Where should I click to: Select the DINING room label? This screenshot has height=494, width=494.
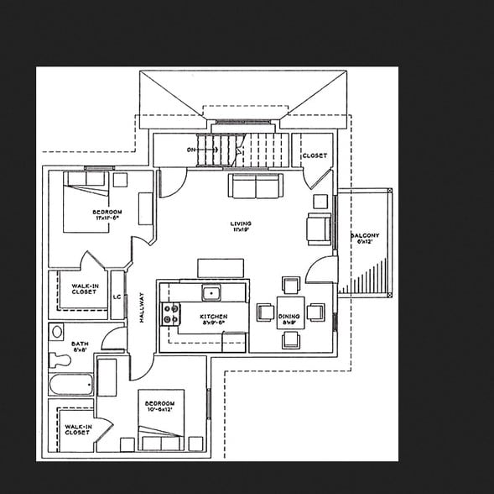click(x=289, y=318)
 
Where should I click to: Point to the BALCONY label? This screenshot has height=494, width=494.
click(x=365, y=238)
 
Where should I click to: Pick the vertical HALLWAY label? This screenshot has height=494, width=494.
click(x=142, y=309)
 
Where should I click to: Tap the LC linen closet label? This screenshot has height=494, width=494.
click(x=117, y=296)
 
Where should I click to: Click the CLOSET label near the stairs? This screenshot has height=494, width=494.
click(x=315, y=155)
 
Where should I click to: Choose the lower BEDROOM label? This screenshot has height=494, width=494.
click(x=159, y=407)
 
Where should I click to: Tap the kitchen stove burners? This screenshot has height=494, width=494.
click(x=171, y=313)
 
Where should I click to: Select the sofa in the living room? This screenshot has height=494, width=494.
click(x=255, y=187)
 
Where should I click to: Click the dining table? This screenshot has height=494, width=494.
click(x=290, y=311)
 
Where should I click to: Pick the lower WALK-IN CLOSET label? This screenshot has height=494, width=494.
click(x=77, y=429)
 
